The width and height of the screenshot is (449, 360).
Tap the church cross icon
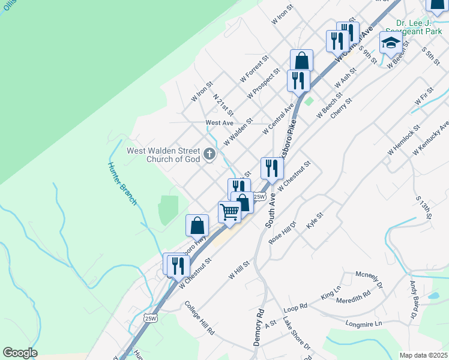209,155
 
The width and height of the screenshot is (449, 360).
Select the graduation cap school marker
390,43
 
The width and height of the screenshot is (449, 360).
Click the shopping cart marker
229,212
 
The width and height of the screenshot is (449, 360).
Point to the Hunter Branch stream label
123,184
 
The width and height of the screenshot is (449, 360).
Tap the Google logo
20,353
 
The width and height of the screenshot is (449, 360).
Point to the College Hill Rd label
199,317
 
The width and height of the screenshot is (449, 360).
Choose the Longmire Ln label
364,324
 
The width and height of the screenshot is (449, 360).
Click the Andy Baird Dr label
414,299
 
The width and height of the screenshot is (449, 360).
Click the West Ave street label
219,122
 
